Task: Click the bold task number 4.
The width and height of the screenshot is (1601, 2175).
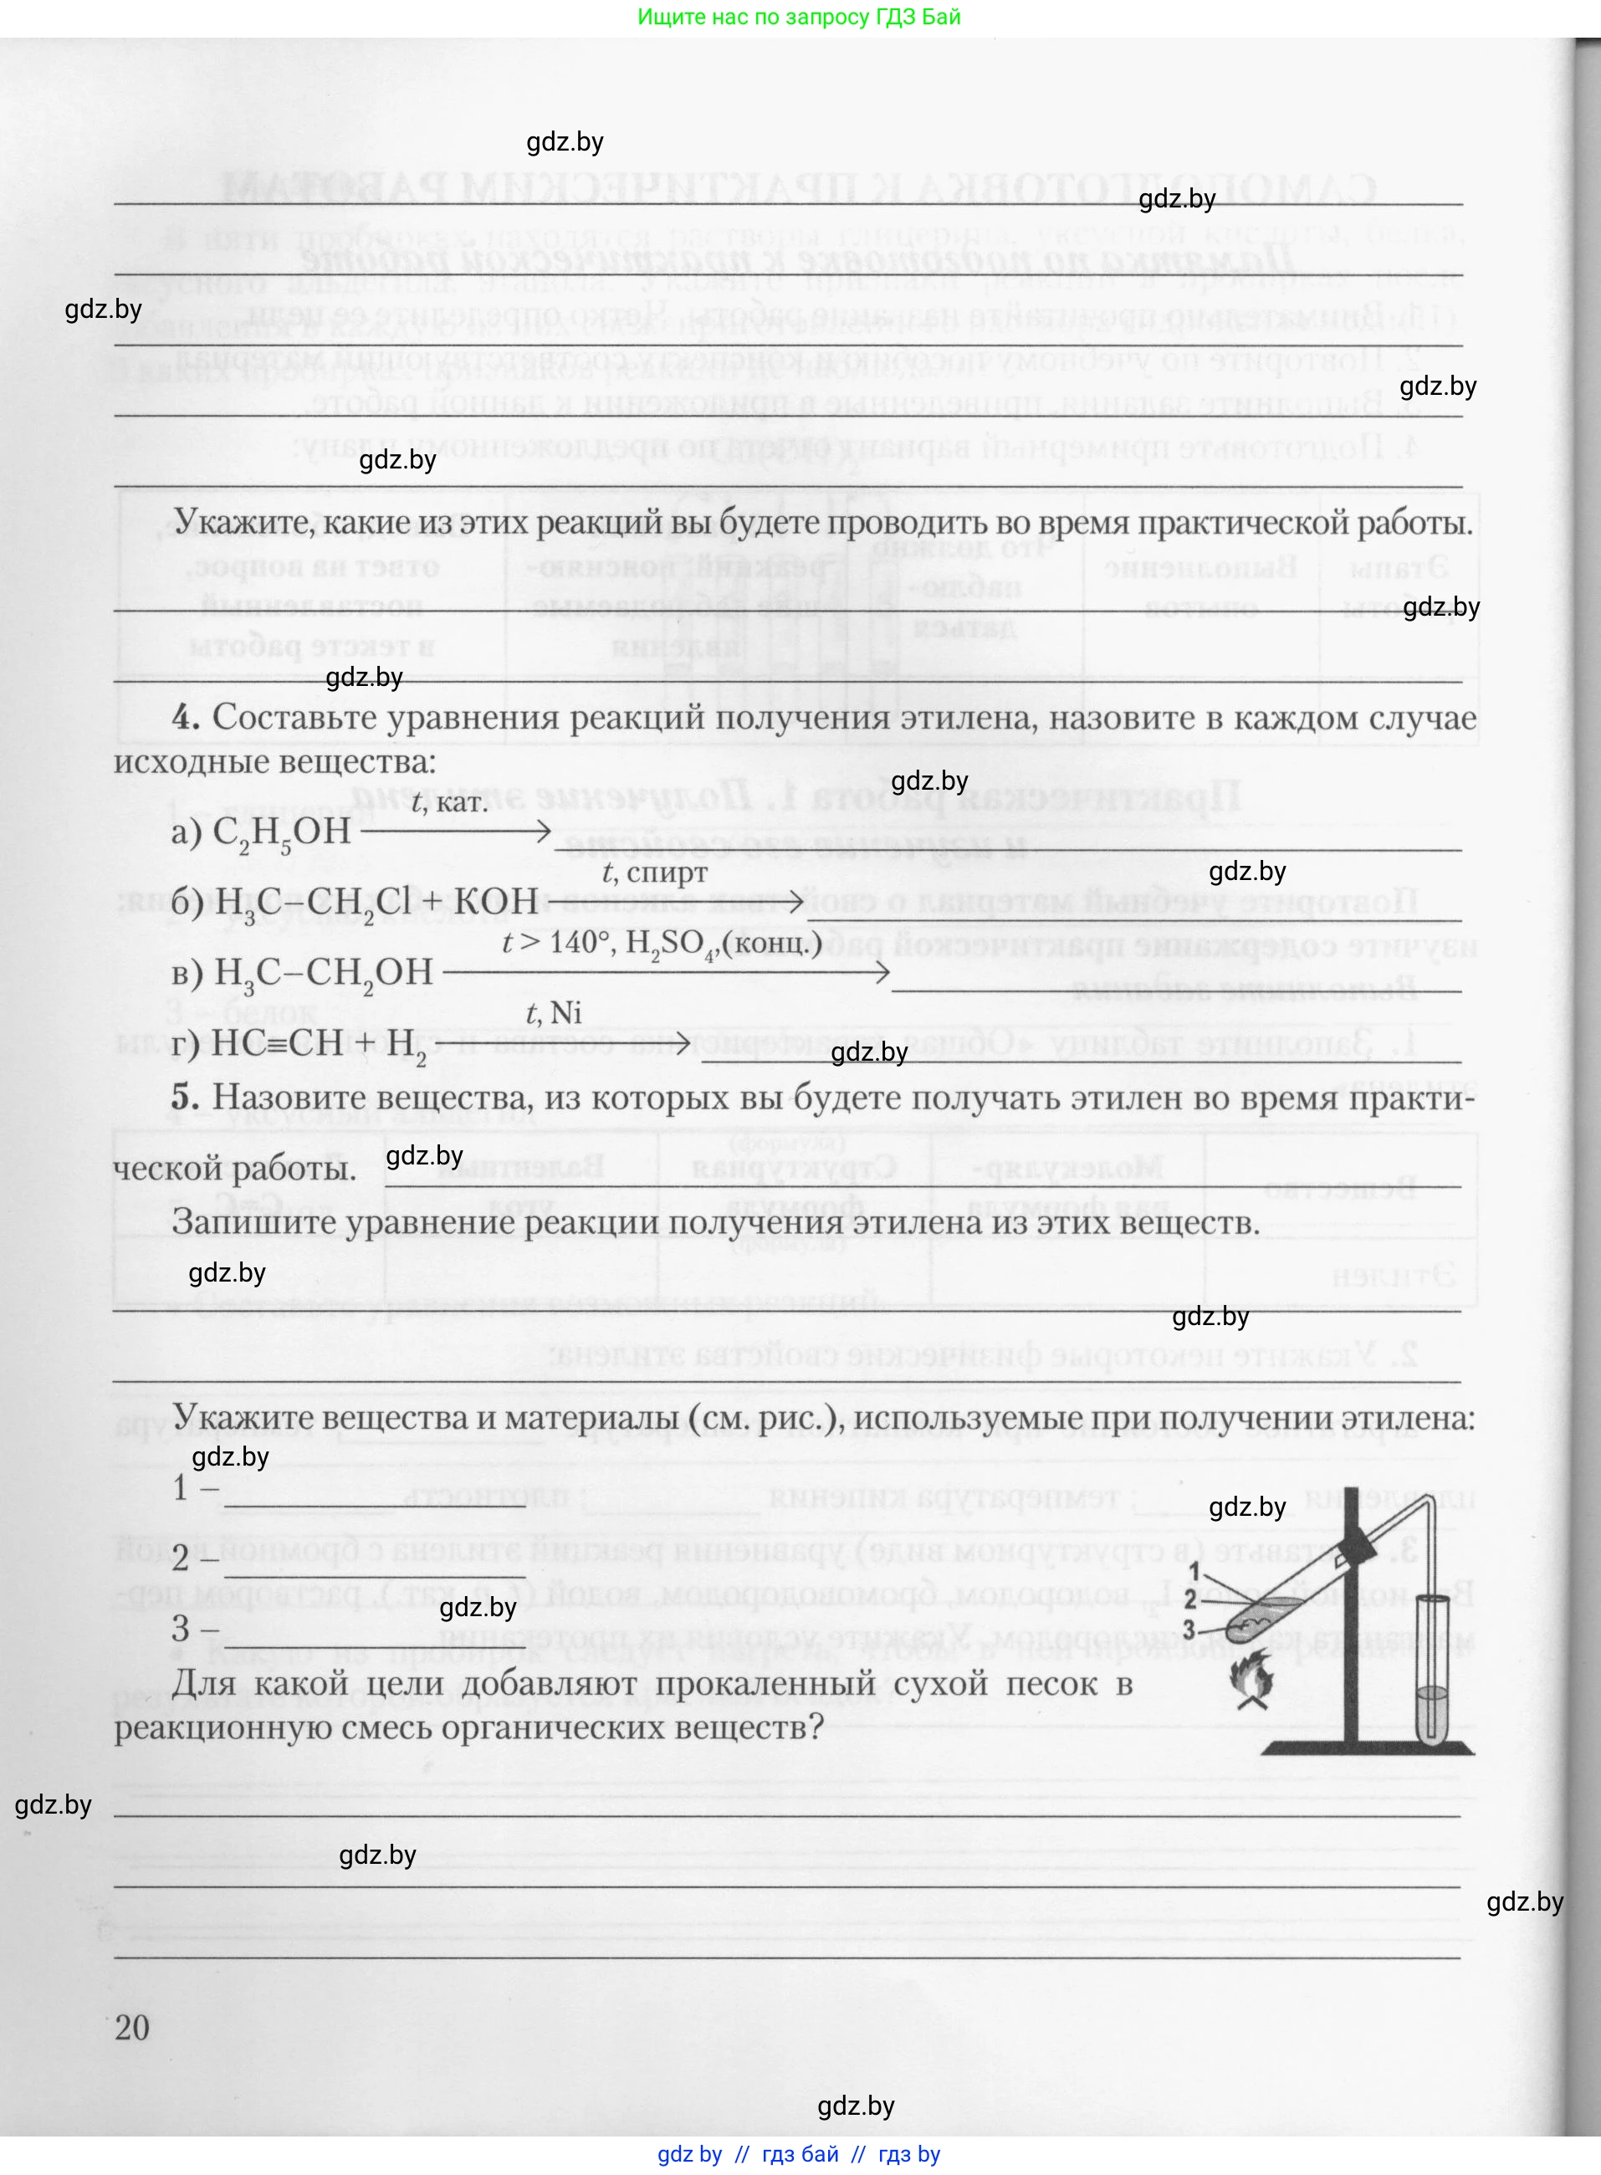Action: coord(185,719)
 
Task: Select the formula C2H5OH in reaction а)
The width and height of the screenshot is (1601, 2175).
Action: coord(281,832)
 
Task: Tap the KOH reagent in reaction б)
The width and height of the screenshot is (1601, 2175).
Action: coord(496,902)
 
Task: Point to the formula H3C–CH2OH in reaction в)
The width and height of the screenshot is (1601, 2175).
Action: coord(324,972)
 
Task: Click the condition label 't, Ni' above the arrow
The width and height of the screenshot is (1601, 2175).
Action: coord(554,1013)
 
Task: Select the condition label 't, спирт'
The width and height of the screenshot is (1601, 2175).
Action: coord(654,873)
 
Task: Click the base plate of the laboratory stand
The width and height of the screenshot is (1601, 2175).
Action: coord(1368,1748)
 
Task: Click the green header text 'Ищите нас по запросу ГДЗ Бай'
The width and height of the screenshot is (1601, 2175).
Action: coord(800,17)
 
